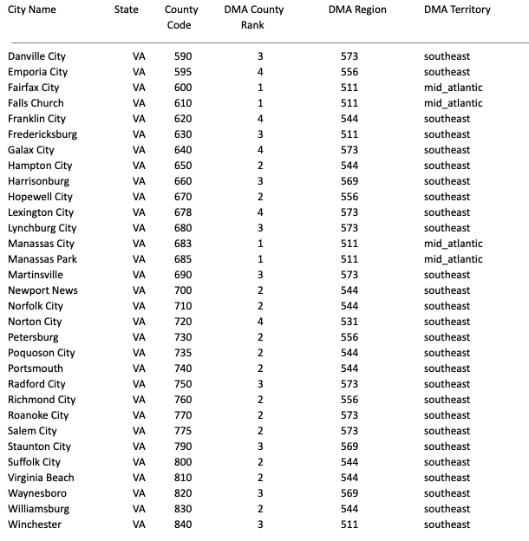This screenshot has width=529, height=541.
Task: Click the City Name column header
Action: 32,10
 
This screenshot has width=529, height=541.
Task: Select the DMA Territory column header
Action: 457,10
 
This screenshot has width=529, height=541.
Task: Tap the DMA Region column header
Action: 357,10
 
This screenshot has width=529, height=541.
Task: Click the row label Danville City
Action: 38,56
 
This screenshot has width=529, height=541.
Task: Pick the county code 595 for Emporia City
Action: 183,72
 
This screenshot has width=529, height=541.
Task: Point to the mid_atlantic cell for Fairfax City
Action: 453,88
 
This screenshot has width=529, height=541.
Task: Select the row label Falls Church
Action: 36,103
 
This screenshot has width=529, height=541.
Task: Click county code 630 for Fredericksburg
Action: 183,134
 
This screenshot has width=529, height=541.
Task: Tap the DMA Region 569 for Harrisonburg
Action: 349,181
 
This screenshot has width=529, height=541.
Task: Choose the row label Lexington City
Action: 41,212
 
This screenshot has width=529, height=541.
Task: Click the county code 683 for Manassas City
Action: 183,244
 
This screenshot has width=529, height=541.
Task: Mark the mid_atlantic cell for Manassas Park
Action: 453,259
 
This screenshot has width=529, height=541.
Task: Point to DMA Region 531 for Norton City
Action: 349,322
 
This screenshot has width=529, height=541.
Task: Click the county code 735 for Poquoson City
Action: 183,353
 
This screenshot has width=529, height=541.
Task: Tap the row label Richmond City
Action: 42,400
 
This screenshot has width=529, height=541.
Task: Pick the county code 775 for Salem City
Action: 183,431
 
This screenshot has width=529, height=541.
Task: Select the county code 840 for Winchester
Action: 183,525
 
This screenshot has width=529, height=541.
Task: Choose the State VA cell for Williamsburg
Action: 139,509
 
